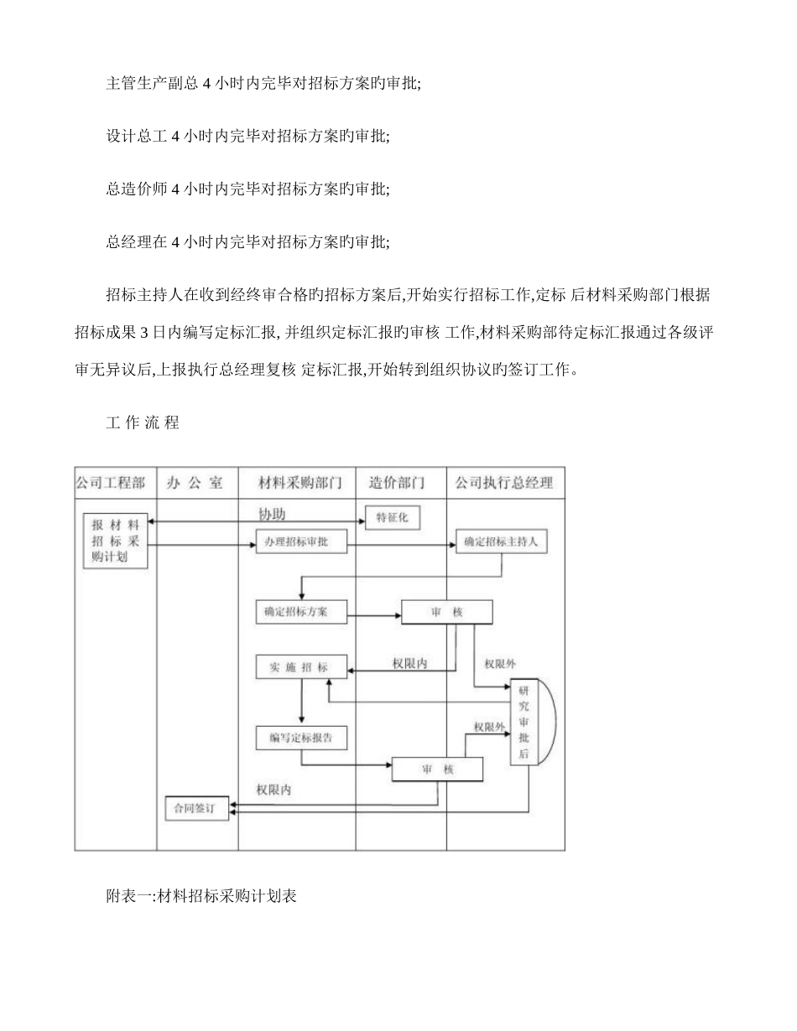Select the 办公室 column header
coord(195,483)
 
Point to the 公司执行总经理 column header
coord(504,483)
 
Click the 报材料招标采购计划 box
coord(116,540)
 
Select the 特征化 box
coord(392,518)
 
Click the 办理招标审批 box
coord(300,541)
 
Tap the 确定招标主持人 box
coord(501,541)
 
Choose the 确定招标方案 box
coord(300,612)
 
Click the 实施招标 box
coord(300,667)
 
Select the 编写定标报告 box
coord(300,738)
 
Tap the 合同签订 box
coord(196,808)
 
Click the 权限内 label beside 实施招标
coord(410,663)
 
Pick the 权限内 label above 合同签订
coord(274,790)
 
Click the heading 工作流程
coord(143,422)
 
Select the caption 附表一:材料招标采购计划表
coord(202,896)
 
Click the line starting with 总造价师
coord(247,189)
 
